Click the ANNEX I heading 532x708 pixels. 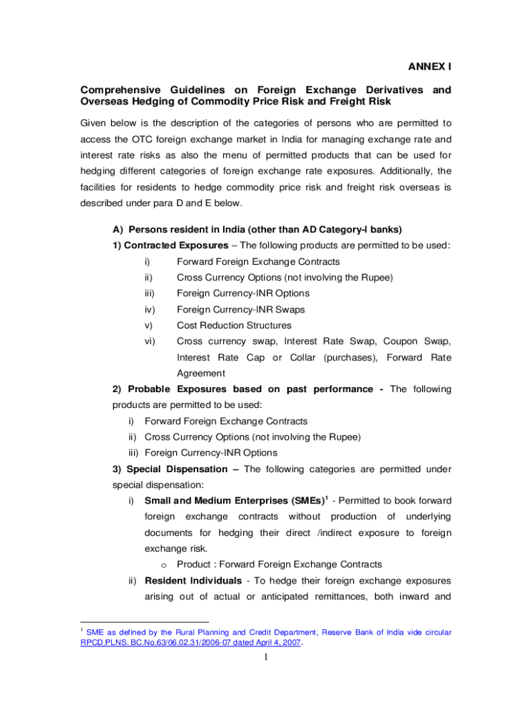[428, 67]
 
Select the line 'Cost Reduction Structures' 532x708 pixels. [234, 326]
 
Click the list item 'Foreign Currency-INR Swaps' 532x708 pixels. [240, 310]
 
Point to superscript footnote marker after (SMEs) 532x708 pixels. [326, 496]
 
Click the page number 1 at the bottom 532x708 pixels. [265, 657]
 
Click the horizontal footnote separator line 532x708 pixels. [144, 622]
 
